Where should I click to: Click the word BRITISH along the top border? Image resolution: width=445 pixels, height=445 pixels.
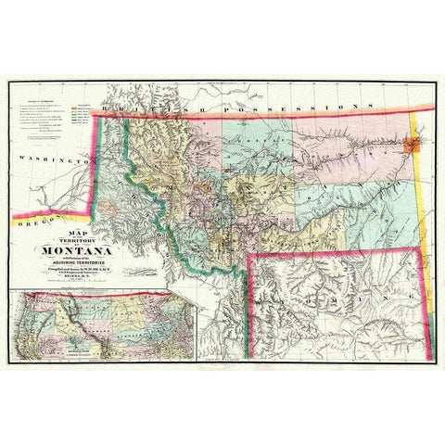139,110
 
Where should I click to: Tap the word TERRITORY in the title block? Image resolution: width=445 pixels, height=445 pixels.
80,236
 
